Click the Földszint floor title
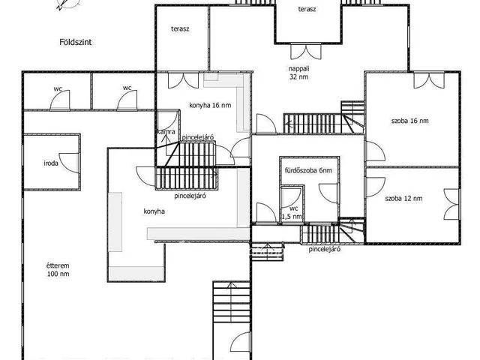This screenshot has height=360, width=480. tap(75, 42)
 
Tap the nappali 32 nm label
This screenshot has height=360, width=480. tap(298, 73)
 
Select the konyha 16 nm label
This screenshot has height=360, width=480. tap(210, 105)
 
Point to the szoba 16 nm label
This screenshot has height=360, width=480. tap(410, 121)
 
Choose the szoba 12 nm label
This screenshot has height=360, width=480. tap(403, 198)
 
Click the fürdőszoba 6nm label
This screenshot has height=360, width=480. tap(308, 170)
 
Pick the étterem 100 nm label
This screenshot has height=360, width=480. tap(58, 270)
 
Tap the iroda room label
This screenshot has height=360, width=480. tap(51, 163)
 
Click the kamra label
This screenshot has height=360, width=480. tap(166, 132)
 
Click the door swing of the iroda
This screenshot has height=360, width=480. tap(69, 163)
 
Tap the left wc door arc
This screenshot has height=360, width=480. tap(60, 100)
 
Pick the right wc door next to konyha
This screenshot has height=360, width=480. tap(127, 100)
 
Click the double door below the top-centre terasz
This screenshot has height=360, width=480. tap(306, 52)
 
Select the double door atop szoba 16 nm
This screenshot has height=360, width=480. tap(429, 80)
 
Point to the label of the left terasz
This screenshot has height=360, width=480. tap(180, 28)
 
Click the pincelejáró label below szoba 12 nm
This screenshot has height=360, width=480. tap(325, 249)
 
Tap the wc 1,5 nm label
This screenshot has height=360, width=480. tap(293, 212)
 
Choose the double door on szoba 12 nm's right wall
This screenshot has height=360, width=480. tap(451, 204)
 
